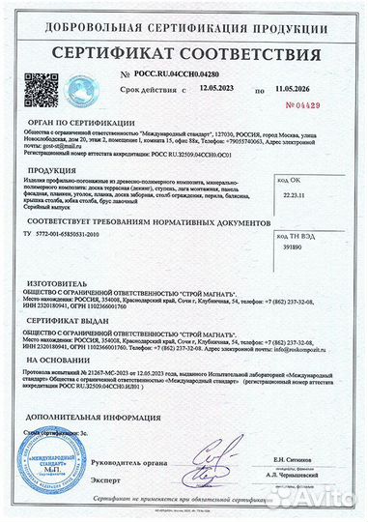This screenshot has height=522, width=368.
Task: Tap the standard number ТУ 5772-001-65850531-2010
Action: pos(86,235)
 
